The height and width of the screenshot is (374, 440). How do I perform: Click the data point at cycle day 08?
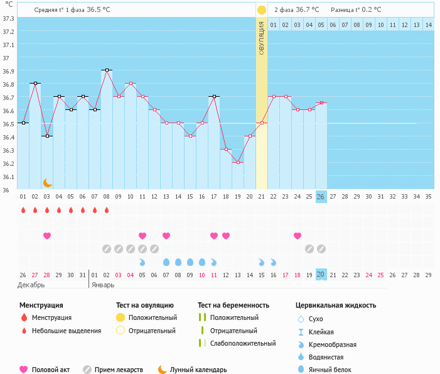click(x=107, y=70)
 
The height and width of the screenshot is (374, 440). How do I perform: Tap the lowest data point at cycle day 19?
click(x=238, y=162)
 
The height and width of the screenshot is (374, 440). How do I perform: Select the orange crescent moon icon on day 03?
click(x=48, y=183)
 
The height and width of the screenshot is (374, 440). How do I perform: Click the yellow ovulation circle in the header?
click(x=262, y=10)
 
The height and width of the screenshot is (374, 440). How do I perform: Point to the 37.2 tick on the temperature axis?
click(x=8, y=32)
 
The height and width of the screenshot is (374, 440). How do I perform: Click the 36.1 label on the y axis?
click(x=8, y=177)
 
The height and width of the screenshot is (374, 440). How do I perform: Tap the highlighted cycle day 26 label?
click(x=321, y=197)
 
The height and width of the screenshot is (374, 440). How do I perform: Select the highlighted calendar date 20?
click(x=321, y=274)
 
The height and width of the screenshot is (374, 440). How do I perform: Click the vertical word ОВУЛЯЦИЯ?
click(x=262, y=38)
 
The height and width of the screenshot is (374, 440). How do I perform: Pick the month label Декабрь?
click(x=31, y=285)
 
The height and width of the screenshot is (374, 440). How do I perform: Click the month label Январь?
click(x=103, y=285)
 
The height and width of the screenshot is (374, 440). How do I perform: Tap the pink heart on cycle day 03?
click(x=47, y=236)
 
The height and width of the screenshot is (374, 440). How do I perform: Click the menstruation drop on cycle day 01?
click(x=23, y=210)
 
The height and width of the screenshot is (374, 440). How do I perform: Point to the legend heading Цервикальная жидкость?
click(x=336, y=305)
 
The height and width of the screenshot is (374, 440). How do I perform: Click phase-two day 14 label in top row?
click(x=429, y=25)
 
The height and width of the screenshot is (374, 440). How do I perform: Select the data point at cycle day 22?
click(x=274, y=96)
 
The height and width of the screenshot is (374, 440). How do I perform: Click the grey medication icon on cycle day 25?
click(x=309, y=249)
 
